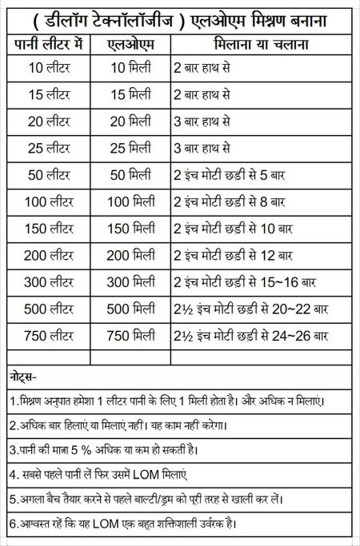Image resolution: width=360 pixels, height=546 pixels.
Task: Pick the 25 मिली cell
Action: pos(130,149)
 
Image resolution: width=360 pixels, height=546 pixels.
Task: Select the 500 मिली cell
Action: pos(130,308)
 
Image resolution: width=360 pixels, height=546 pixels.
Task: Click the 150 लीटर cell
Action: pos(50,229)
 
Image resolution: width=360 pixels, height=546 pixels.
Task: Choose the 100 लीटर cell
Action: pos(50,201)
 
